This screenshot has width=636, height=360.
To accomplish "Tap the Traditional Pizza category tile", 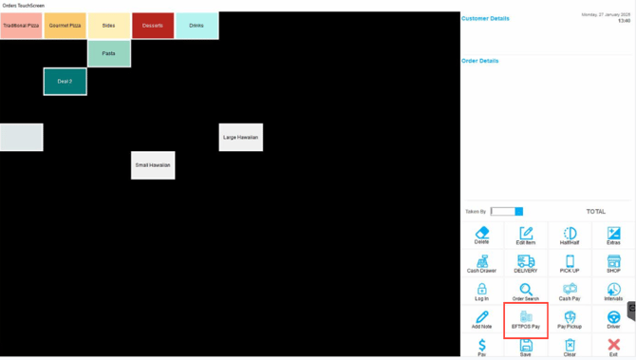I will coord(21,26).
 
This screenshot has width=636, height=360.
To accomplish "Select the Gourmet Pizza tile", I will coord(65,26).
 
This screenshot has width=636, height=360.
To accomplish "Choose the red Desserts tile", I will coord(152,26).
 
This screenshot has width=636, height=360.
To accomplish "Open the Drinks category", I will coord(196,26).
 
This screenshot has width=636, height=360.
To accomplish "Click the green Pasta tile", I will coord(109,53).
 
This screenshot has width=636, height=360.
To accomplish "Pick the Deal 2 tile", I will coord(65,82).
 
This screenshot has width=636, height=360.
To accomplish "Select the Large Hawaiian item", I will coord(241,138).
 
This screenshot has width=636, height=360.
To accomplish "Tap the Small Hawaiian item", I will coord(153,165).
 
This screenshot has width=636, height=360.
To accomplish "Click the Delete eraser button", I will coord(482,236).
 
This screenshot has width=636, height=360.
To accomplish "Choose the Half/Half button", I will coord(570,236).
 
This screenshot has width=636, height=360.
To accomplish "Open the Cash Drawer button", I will coord(482,264).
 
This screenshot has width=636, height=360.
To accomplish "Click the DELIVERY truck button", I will coord(526,264).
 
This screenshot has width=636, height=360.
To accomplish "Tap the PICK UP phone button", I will coord(570,264).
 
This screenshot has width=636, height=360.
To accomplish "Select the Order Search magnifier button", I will coord(526,292).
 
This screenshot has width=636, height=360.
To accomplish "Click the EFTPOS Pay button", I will coord(526,320).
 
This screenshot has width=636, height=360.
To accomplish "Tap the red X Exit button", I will coord(613,348).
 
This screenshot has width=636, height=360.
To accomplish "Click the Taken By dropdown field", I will coord(507,211).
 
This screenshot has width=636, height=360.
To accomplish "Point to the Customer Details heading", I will coord(485,18).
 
